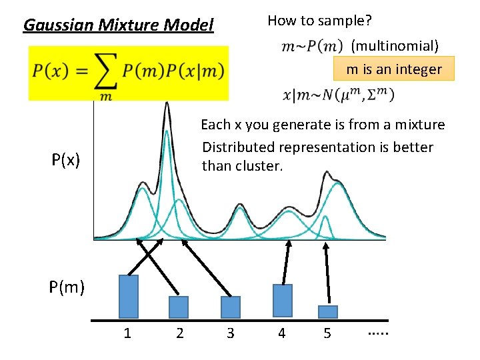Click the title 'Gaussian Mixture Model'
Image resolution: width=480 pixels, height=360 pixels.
click(119, 25)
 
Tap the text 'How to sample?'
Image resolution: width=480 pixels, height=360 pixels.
click(319, 21)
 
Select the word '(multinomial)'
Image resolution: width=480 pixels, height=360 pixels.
click(395, 46)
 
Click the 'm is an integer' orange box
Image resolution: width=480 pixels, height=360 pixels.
click(394, 69)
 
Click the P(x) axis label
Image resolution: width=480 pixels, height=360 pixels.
click(66, 160)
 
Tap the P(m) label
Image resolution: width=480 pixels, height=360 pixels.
click(66, 287)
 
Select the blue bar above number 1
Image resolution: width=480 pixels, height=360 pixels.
click(129, 297)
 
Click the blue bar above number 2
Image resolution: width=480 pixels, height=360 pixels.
click(179, 307)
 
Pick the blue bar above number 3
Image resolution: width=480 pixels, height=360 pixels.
click(230, 307)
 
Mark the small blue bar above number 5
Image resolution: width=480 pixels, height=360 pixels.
click(327, 312)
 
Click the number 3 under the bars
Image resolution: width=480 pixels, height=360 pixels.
click(231, 333)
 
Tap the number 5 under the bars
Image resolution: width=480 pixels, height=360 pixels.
click(327, 333)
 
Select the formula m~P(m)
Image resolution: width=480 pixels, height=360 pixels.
click(312, 46)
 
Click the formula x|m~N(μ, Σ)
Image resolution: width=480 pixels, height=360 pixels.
click(338, 95)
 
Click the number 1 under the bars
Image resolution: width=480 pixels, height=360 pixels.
click(127, 333)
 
